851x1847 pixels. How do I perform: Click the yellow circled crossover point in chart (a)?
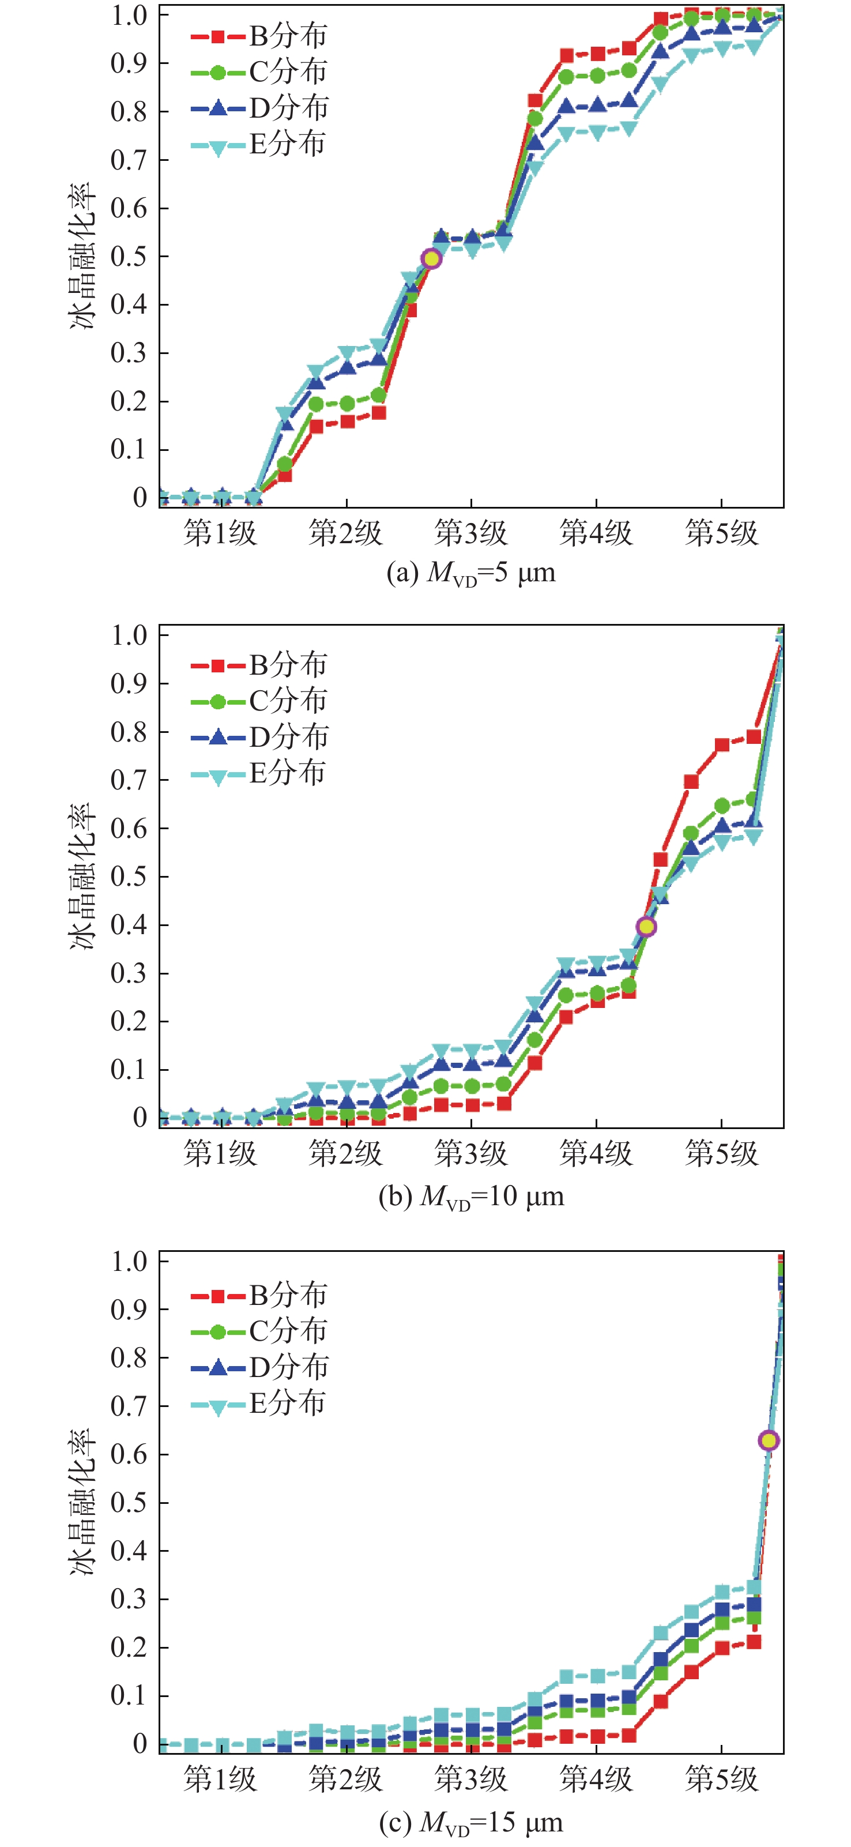(x=431, y=259)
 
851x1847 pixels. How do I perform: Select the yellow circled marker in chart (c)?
(x=769, y=1440)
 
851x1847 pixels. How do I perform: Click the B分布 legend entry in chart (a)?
(x=259, y=36)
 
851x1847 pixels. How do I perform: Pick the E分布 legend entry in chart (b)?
(x=258, y=773)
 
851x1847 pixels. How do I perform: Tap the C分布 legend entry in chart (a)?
(x=259, y=72)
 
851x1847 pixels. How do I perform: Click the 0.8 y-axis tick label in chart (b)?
(x=129, y=732)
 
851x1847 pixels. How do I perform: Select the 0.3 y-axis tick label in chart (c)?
(x=129, y=1599)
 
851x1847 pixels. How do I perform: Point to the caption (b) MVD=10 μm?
(x=471, y=1196)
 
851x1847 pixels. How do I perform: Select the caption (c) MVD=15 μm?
(x=471, y=1822)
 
